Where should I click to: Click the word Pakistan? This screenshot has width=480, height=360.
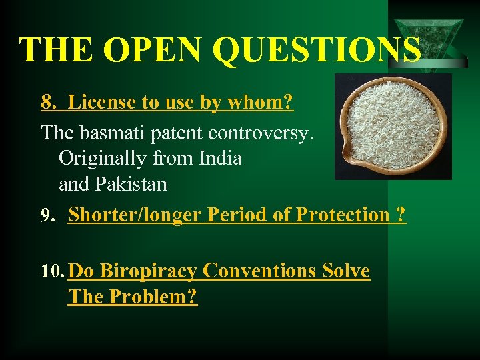(x=132, y=184)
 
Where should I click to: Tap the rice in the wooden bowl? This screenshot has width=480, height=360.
(x=392, y=127)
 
